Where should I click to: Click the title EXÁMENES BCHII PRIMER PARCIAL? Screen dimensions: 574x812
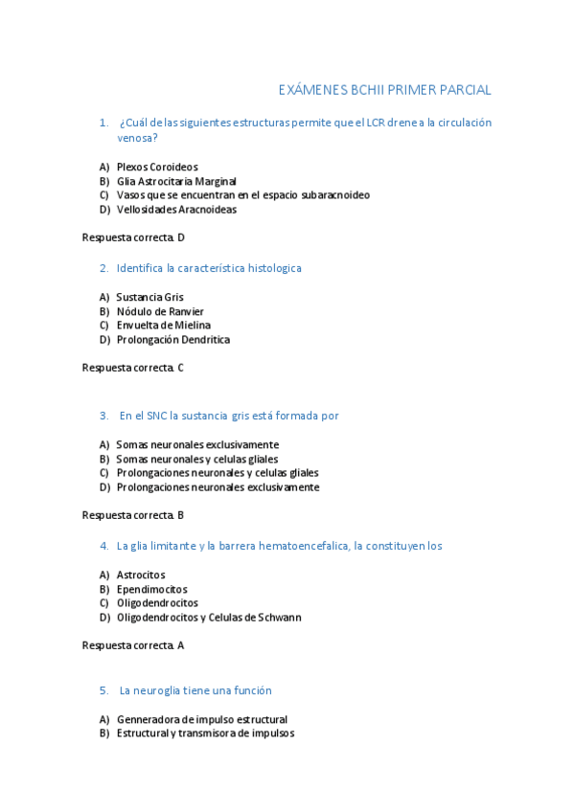[384, 90]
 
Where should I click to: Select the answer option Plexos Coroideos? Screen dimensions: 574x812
[157, 167]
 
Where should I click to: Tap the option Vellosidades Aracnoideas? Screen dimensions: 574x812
[176, 210]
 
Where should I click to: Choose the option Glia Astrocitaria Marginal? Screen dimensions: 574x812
[176, 181]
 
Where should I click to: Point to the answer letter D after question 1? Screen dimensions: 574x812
[181, 237]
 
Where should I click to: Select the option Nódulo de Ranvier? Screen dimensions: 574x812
[160, 311]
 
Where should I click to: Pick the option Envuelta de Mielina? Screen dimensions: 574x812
[164, 326]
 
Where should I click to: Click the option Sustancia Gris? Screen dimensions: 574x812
[149, 297]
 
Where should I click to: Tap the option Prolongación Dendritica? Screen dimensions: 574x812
[173, 340]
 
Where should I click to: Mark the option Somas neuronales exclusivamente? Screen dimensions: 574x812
[197, 444]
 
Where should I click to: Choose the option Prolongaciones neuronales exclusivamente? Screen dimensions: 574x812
[218, 487]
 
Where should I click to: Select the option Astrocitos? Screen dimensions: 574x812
[141, 575]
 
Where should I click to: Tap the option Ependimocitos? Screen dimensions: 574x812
[151, 589]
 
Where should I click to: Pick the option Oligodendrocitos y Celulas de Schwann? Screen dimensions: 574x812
[209, 618]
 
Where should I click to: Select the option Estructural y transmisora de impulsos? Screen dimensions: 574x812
[205, 733]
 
